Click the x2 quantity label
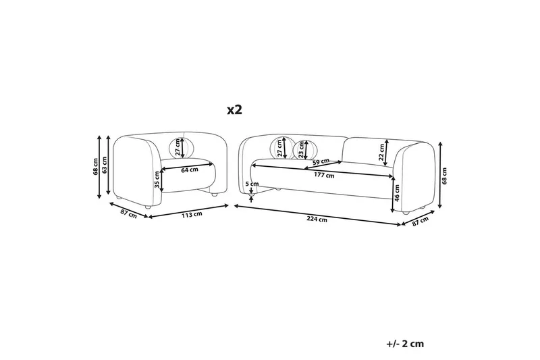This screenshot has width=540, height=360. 234,109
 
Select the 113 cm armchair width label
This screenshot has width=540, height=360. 192,215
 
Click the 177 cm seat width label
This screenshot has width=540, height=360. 325,176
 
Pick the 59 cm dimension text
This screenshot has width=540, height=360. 321,162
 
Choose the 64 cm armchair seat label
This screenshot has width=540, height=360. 189,170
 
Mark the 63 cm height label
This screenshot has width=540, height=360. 108,166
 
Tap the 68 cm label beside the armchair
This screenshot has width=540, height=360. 96,166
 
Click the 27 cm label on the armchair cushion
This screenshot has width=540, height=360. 179,147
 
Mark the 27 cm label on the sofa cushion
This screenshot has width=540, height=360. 279,148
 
